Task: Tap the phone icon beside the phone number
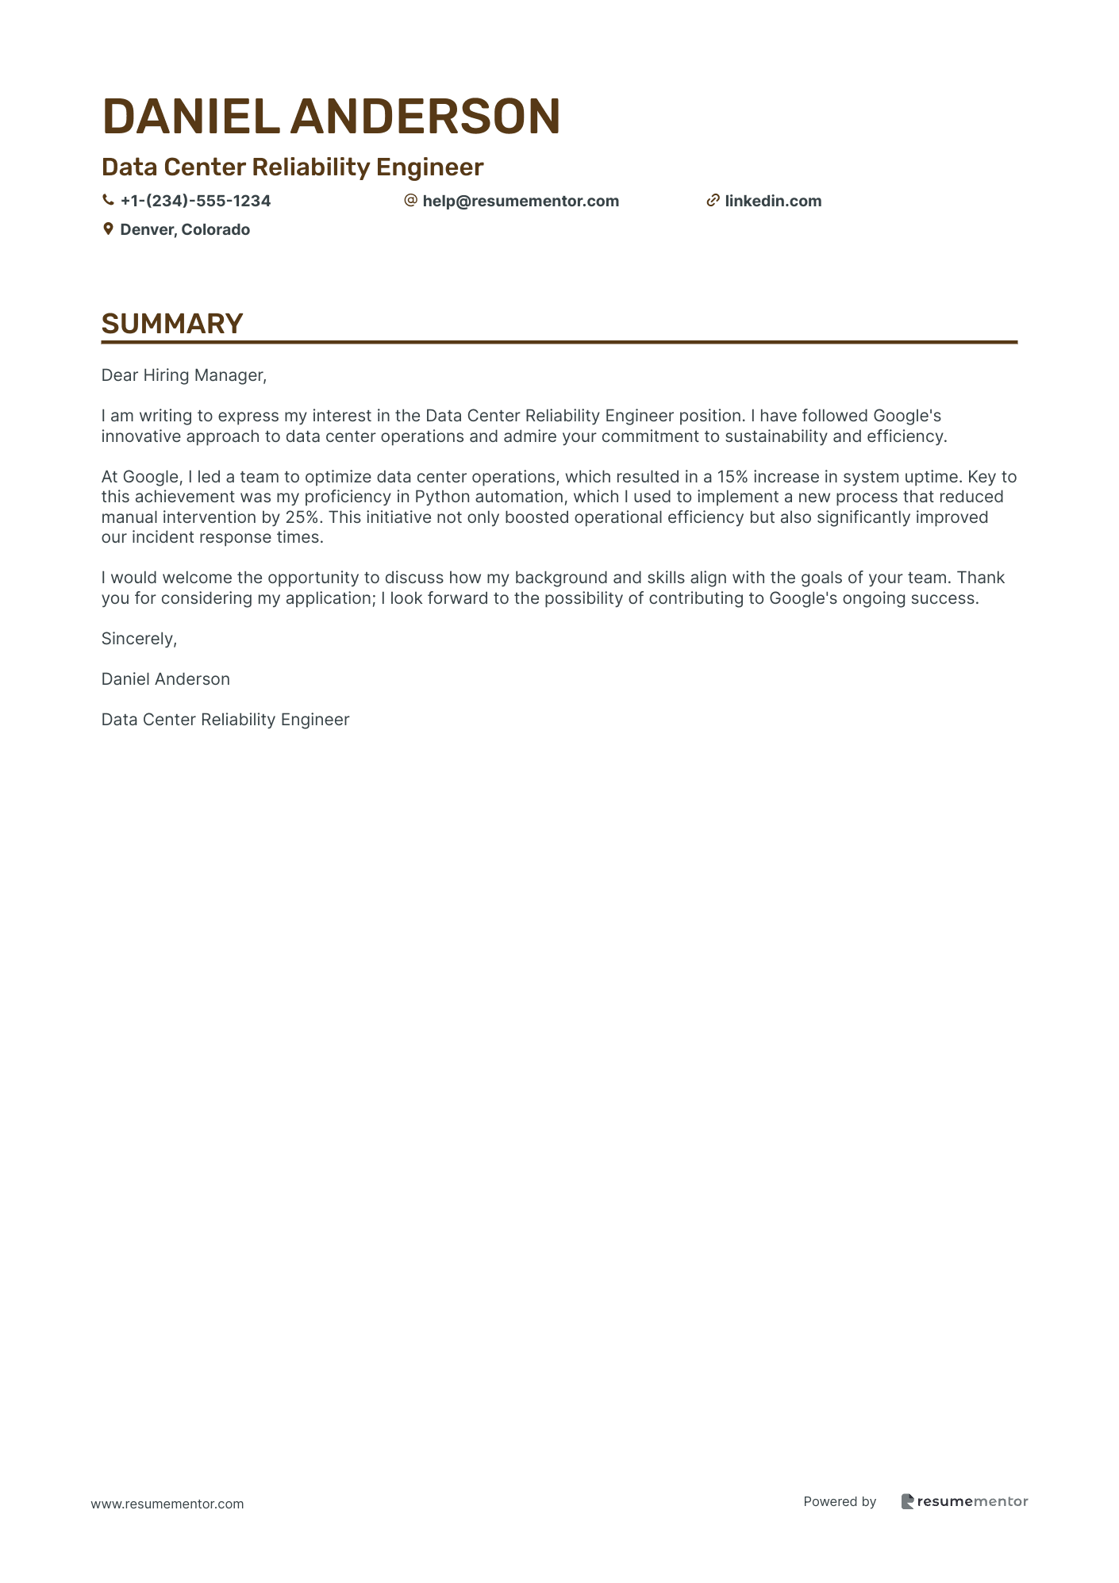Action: coord(108,201)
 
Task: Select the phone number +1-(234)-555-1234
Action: coord(195,202)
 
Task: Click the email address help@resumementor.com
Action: coord(521,202)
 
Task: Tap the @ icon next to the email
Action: coord(410,201)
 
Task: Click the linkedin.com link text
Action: coord(773,202)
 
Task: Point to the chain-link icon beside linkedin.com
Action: coord(713,201)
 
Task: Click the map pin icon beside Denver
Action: coord(108,229)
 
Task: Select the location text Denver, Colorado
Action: coord(185,230)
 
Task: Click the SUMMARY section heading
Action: coord(172,324)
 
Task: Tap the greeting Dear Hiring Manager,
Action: coord(184,375)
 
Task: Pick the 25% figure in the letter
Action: coord(301,517)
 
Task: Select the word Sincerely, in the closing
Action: coord(139,639)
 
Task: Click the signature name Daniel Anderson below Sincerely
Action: coord(166,679)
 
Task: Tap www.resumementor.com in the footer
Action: coord(167,1504)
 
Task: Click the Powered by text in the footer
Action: coord(840,1501)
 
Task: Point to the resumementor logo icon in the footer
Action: coord(907,1501)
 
